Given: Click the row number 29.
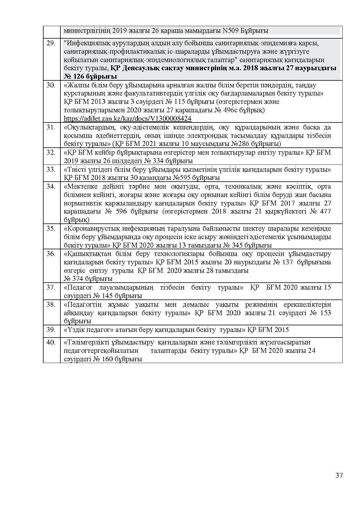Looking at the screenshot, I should (51, 43).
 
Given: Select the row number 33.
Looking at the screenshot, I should (51, 169).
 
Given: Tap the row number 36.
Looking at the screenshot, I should (51, 254).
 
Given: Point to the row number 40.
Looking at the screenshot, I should (51, 342).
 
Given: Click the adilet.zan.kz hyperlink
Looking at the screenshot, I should (127, 119).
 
